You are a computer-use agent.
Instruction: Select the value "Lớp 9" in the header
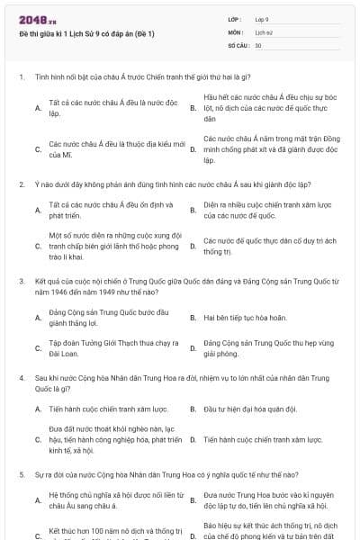click(x=262, y=19)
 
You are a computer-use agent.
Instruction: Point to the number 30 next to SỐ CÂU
click(x=258, y=44)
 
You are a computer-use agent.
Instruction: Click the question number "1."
click(x=21, y=76)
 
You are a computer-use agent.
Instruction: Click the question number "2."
click(x=21, y=184)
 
